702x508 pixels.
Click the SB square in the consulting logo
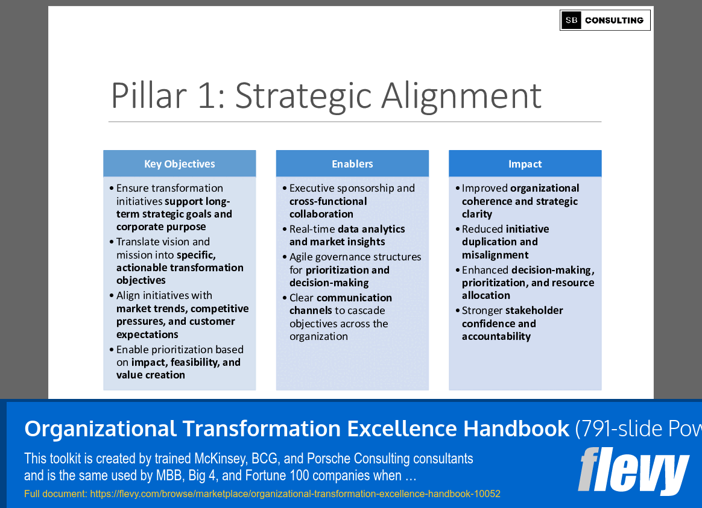(571, 20)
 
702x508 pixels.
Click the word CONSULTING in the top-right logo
(614, 20)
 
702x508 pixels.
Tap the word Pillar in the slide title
(148, 95)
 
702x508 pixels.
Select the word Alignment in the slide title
(461, 96)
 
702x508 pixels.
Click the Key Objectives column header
(180, 164)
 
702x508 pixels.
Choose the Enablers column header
(352, 164)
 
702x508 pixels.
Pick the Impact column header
(525, 164)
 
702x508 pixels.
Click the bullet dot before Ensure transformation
(112, 189)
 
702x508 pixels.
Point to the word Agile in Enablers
(302, 257)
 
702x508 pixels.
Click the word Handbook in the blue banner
(516, 429)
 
